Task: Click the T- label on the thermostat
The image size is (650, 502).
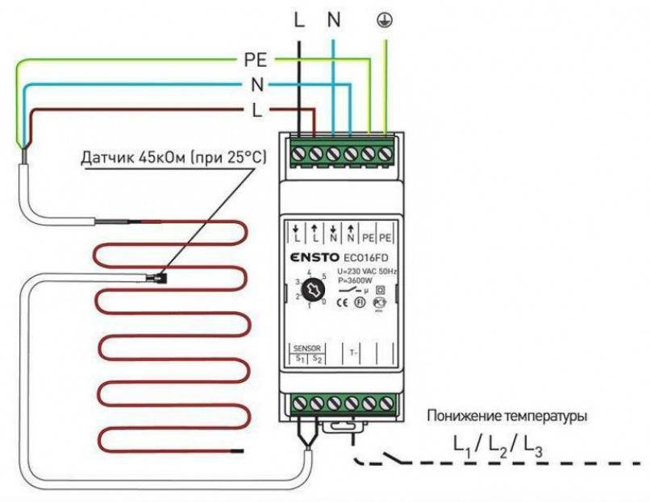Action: click(352, 352)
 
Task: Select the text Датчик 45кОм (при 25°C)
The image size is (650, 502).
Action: click(173, 154)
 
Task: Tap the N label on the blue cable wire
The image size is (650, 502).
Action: click(256, 84)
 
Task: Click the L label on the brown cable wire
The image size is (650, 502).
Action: click(256, 111)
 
